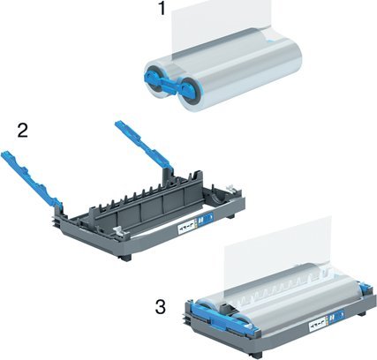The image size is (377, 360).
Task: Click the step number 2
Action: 24,132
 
